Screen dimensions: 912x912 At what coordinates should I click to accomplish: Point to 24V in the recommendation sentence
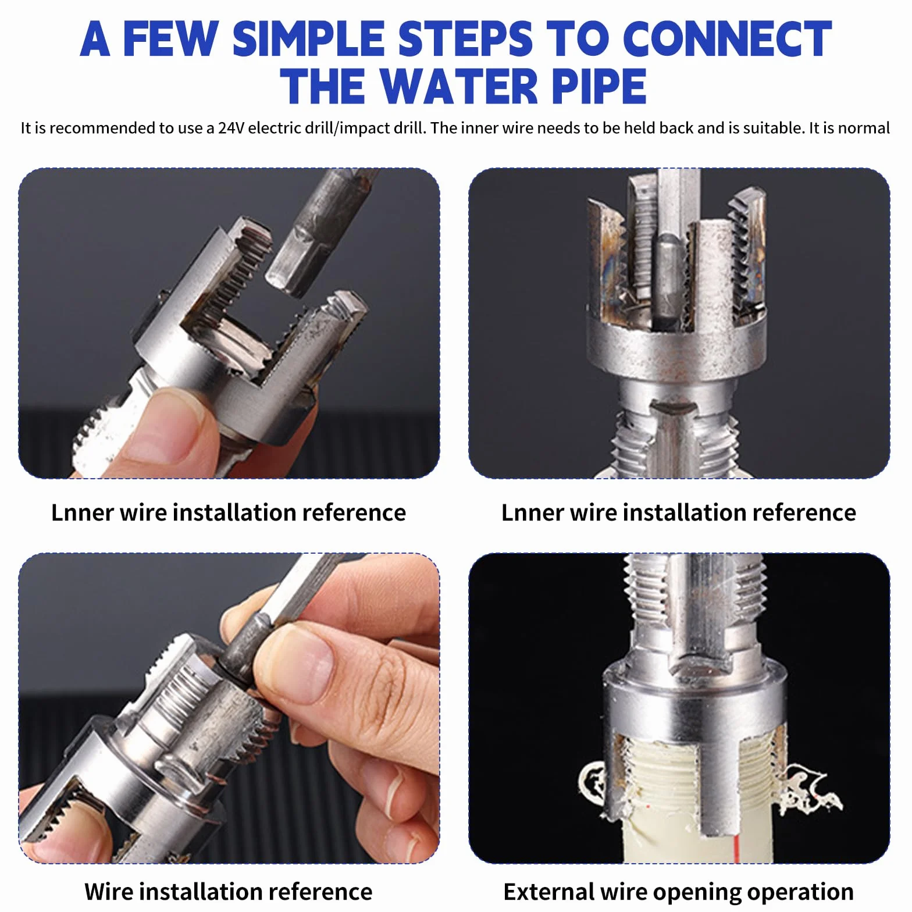pyautogui.click(x=231, y=128)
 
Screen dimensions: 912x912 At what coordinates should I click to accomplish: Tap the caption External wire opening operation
pyautogui.click(x=678, y=892)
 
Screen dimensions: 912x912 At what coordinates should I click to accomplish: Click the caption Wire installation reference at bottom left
pyautogui.click(x=228, y=891)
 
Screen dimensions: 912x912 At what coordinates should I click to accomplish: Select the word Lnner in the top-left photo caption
pyautogui.click(x=82, y=512)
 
